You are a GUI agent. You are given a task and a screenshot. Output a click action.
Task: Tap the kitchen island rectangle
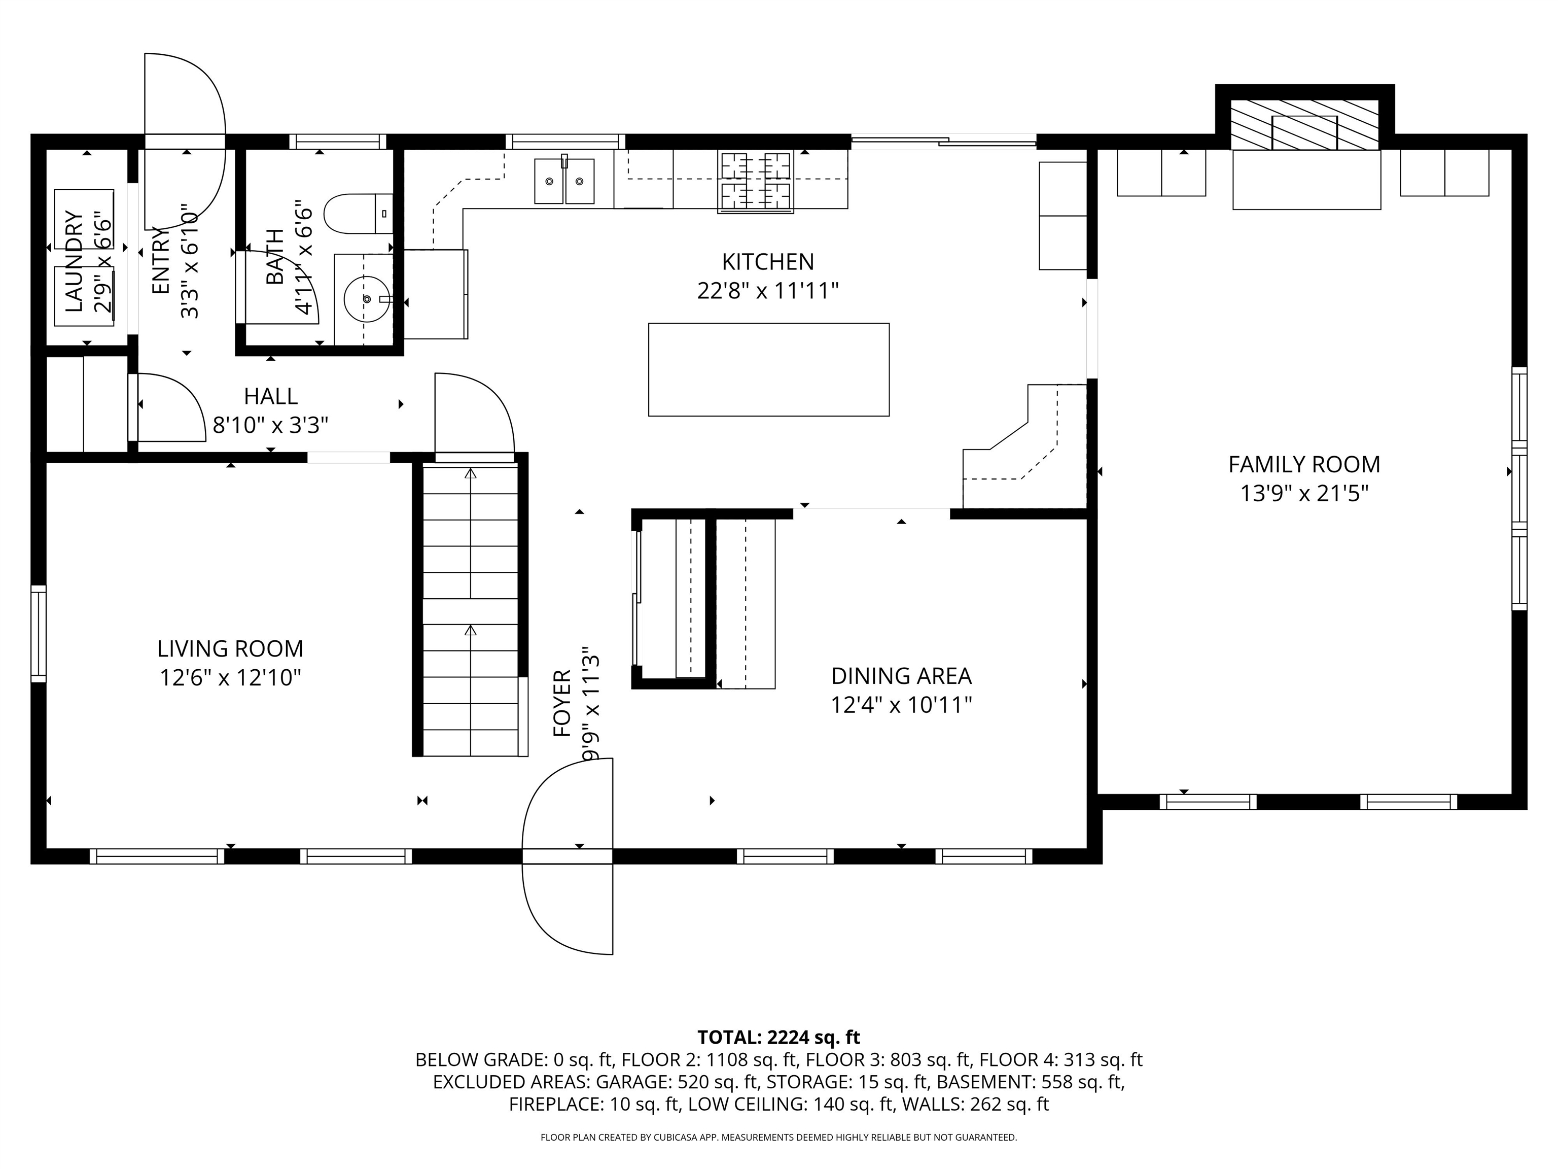pos(768,369)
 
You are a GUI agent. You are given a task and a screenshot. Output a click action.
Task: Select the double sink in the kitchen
pos(563,181)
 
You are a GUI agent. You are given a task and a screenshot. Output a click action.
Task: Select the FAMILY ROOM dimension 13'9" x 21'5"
pos(1304,493)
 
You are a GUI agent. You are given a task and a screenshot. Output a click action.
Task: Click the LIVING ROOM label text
pos(230,648)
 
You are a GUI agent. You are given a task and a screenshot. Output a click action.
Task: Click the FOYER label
pos(562,703)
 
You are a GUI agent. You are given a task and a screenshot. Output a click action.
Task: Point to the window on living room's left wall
pos(38,634)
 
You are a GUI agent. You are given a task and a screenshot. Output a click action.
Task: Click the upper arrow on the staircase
pos(471,473)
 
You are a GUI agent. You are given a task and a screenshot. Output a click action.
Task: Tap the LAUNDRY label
pos(73,261)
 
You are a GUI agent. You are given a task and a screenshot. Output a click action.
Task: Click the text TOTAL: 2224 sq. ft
pos(778,1037)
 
